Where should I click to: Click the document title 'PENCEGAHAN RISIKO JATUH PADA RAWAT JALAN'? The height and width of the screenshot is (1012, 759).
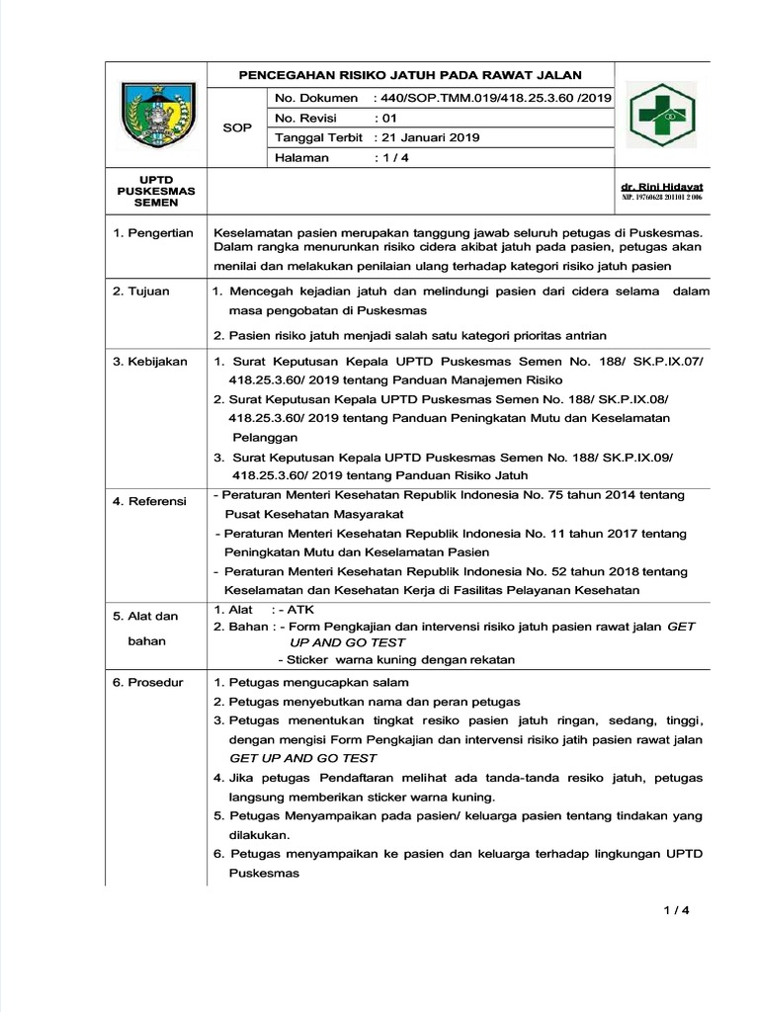click(x=411, y=75)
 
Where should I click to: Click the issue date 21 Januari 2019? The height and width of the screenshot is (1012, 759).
click(x=427, y=137)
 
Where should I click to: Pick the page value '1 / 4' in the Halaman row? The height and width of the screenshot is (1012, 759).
click(x=384, y=157)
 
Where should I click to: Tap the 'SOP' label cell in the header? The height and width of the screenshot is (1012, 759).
click(x=237, y=128)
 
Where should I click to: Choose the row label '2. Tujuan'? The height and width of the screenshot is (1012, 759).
click(x=140, y=292)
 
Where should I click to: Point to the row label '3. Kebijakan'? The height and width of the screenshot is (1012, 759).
click(x=149, y=362)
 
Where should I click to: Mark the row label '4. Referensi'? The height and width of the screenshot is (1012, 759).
click(x=149, y=501)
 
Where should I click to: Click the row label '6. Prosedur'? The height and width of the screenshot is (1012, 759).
click(x=147, y=683)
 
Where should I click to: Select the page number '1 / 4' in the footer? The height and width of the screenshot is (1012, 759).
click(x=676, y=911)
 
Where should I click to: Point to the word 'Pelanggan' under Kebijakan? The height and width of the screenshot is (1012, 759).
click(x=264, y=436)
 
